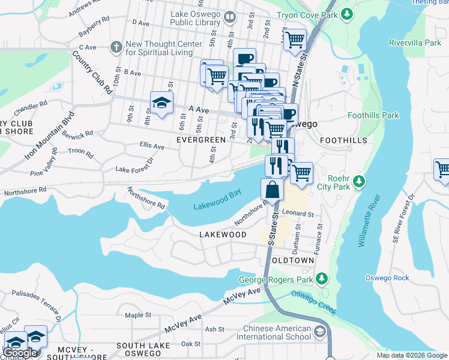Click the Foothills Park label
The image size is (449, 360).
tap(373, 115)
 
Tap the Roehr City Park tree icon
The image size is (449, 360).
tap(359, 180)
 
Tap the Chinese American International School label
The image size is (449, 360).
tap(277, 333)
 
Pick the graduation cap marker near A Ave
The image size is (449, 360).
tap(161, 103)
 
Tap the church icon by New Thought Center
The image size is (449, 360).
tap(116, 47)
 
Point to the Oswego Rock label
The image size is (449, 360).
tap(387, 278)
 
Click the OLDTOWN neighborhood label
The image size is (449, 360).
tap(292, 261)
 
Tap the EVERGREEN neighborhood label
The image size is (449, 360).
tap(201, 140)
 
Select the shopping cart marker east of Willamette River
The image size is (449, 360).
tap(442, 170)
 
